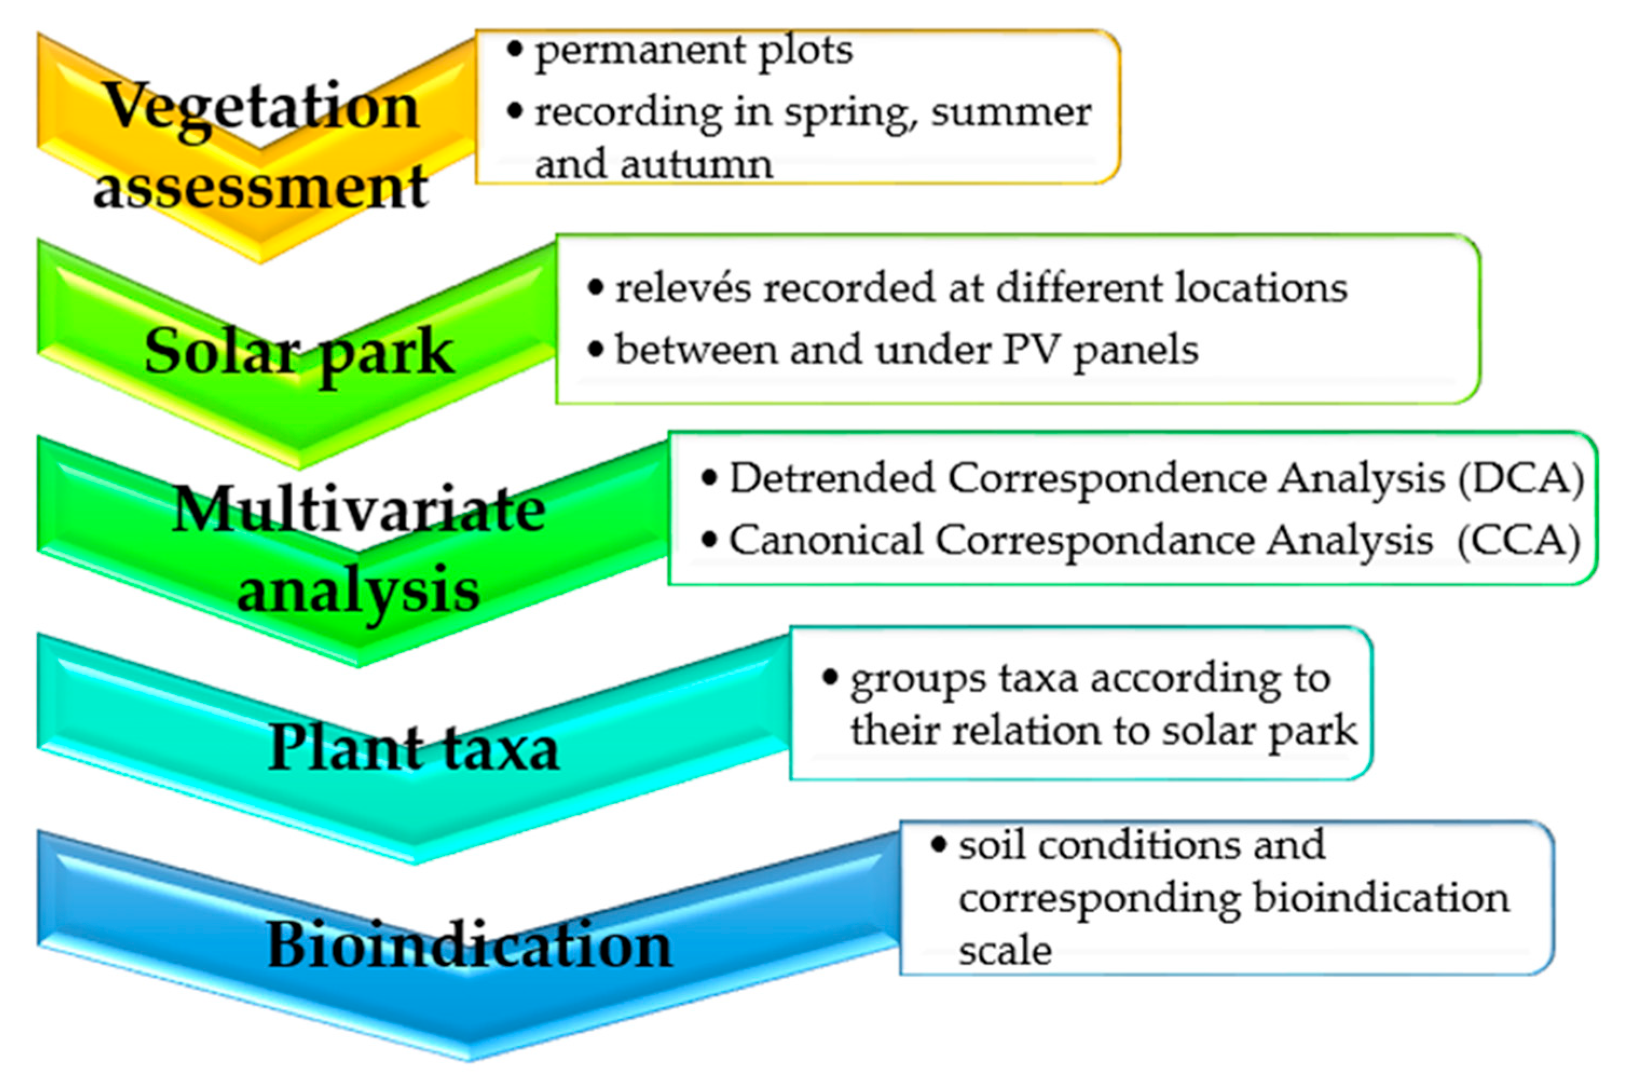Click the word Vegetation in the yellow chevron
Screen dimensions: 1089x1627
pyautogui.click(x=262, y=106)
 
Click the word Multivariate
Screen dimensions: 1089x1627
pyautogui.click(x=359, y=509)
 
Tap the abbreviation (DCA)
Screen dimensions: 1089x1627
pyautogui.click(x=1521, y=478)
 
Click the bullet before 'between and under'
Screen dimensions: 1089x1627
pyautogui.click(x=595, y=348)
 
